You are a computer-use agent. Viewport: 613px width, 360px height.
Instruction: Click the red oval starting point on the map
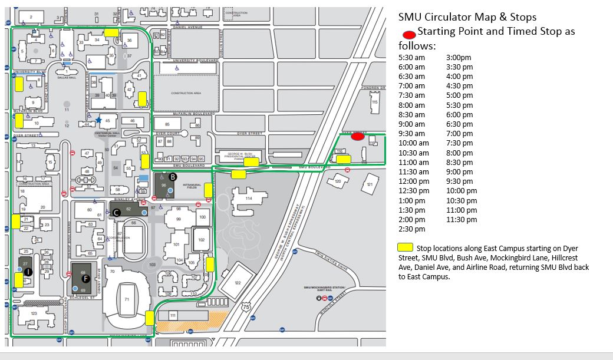pyautogui.click(x=357, y=137)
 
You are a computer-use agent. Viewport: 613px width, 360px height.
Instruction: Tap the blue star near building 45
pyautogui.click(x=98, y=120)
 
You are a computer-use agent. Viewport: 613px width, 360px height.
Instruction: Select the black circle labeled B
pyautogui.click(x=173, y=176)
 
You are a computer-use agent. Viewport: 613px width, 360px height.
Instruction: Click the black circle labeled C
pyautogui.click(x=117, y=212)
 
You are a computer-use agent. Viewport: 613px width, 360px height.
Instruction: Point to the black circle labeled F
pyautogui.click(x=86, y=278)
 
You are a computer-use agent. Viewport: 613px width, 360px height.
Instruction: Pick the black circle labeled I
pyautogui.click(x=28, y=272)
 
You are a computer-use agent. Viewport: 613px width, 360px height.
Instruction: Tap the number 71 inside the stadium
pyautogui.click(x=126, y=300)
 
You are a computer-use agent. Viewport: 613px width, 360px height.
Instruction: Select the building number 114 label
pyautogui.click(x=248, y=199)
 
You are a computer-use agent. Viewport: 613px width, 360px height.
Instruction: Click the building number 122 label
pyautogui.click(x=238, y=283)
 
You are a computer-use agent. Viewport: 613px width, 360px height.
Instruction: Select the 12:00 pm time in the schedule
pyautogui.click(x=411, y=181)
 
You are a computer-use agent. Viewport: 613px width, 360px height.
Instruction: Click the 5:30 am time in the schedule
pyautogui.click(x=411, y=58)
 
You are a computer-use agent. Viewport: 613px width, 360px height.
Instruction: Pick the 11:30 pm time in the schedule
pyautogui.click(x=462, y=220)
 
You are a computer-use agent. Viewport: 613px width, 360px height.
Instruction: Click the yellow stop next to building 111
pyautogui.click(x=149, y=318)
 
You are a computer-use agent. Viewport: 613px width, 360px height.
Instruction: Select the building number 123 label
pyautogui.click(x=34, y=313)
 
